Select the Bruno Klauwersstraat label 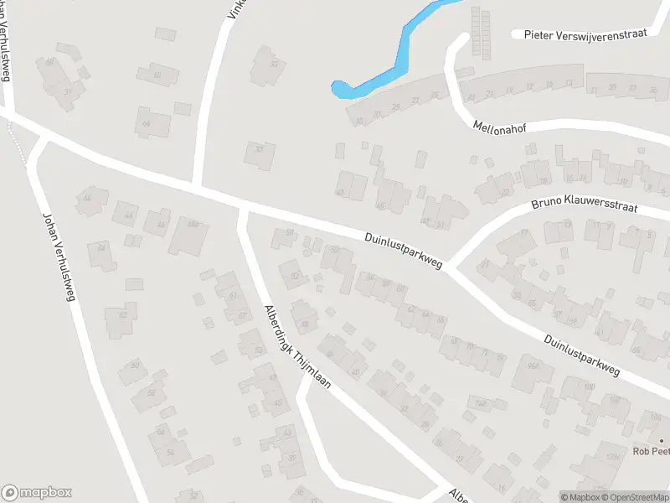coord(585,206)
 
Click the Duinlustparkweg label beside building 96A coord(580,355)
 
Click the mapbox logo coord(36,492)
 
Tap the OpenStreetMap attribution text coord(634,496)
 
